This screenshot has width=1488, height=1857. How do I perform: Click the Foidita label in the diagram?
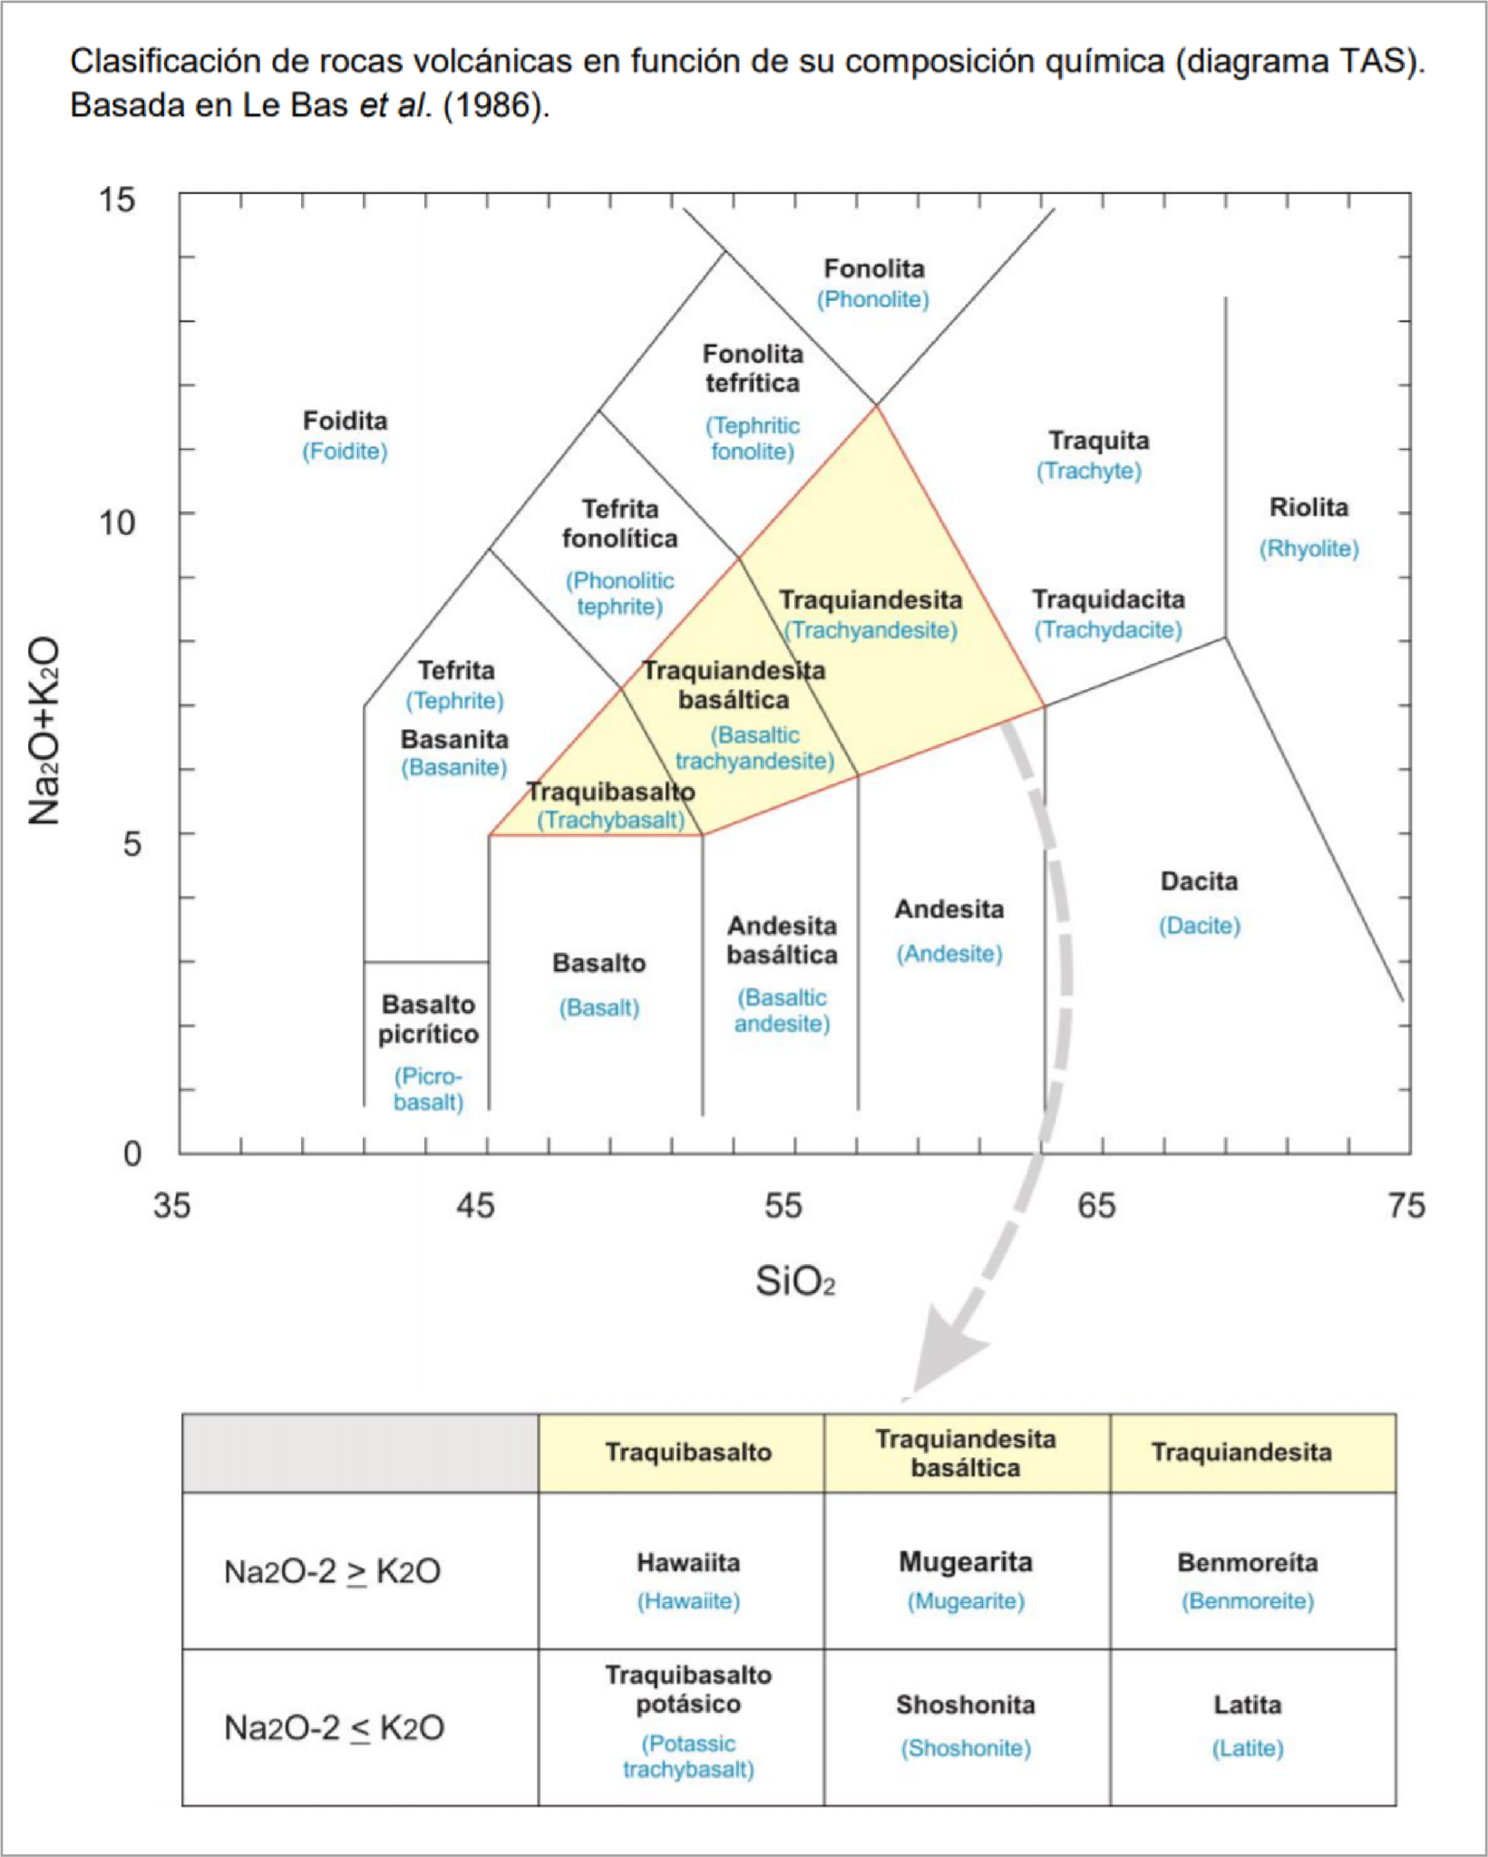coord(345,421)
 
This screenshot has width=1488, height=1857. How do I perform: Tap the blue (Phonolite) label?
coord(873,300)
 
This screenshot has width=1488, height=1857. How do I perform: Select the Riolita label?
coord(1308,507)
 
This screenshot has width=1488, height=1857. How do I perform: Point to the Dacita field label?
coord(1199,881)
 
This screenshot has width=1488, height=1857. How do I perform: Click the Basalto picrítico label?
coord(428,1019)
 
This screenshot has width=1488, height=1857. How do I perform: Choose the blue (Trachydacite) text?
coord(1108,630)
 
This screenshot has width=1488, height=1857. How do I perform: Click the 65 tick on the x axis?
coord(1095,1206)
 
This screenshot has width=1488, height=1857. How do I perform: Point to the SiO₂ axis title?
coord(795,1282)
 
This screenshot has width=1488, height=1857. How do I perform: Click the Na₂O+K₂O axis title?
coord(44,731)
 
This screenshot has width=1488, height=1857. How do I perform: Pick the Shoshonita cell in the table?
coord(967,1727)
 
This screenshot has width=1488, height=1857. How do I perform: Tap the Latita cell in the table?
coord(1253,1727)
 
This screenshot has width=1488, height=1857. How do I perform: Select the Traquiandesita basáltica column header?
coord(967,1454)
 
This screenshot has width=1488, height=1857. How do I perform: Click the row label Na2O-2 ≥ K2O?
coord(332,1571)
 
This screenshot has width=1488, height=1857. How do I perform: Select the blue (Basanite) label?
coord(453,768)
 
